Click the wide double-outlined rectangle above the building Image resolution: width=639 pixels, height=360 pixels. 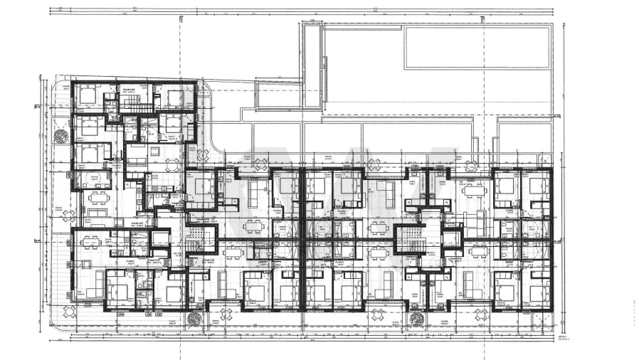coord(477,48)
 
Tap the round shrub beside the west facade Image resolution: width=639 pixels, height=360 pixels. coord(60,136)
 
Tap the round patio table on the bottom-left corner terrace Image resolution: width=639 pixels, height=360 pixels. coord(70,312)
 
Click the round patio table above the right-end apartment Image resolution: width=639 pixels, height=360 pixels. coord(472,166)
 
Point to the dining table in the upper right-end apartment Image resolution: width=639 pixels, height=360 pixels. coord(472,190)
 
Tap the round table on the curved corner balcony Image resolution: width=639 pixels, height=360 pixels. coord(202,156)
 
